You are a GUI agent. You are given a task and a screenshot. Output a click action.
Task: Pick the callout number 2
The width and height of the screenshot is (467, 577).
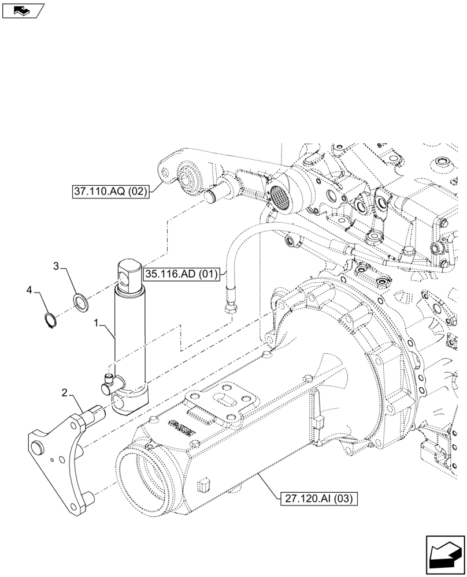tap(65, 394)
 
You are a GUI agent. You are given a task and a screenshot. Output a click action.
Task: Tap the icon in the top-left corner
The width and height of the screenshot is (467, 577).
tap(23, 10)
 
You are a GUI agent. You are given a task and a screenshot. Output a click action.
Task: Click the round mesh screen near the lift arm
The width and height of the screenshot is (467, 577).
tap(280, 198)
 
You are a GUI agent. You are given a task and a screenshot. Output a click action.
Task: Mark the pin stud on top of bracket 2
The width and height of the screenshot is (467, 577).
tap(95, 414)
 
